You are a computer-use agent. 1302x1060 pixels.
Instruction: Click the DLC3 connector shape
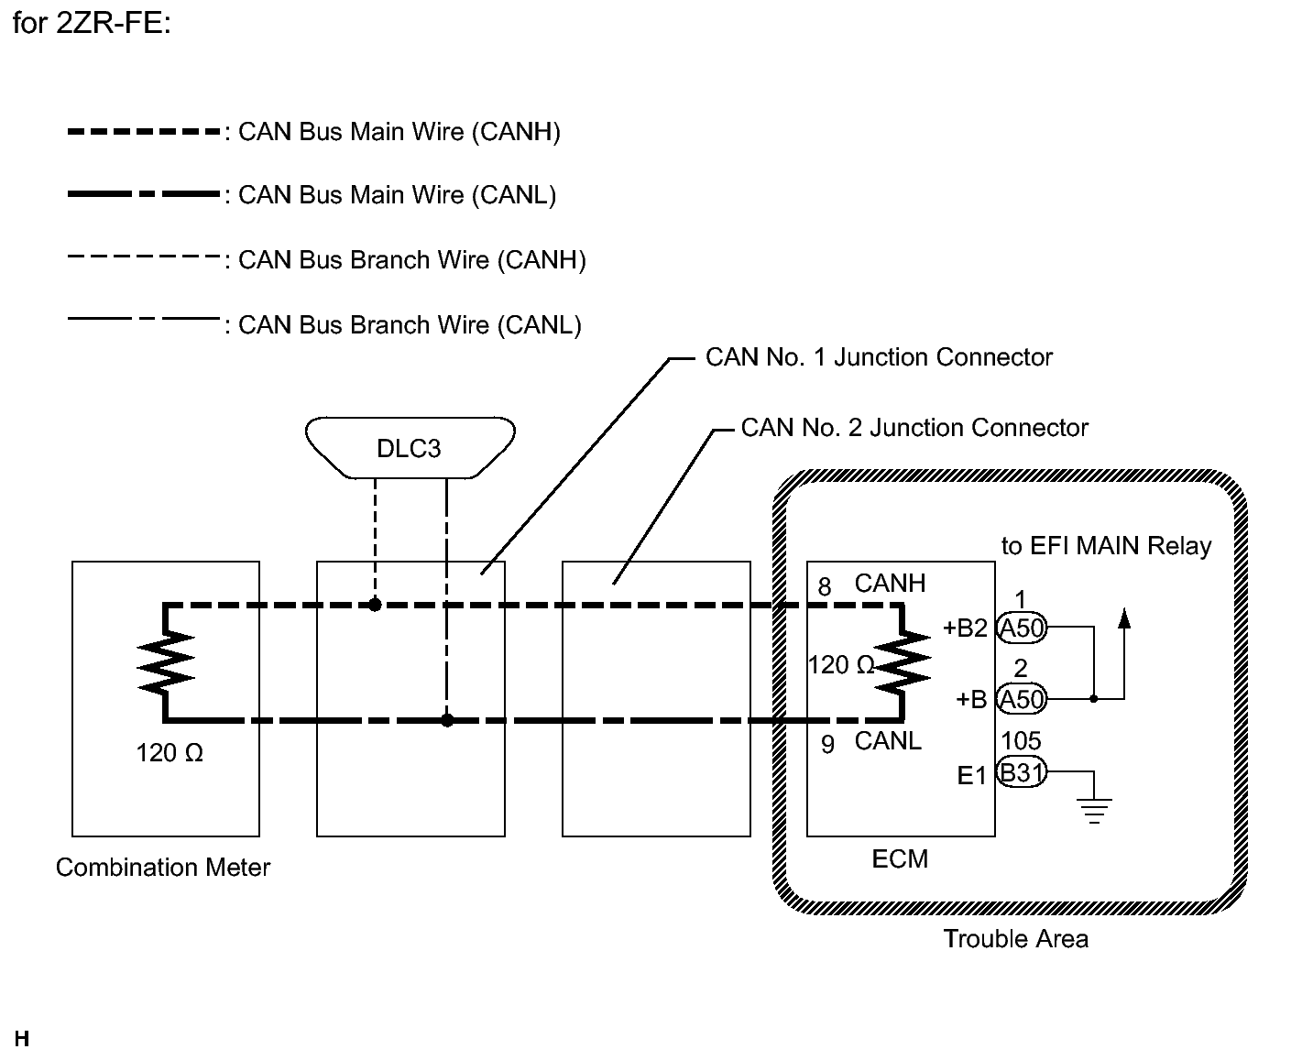point(410,447)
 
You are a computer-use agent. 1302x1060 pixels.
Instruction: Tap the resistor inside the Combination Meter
point(166,662)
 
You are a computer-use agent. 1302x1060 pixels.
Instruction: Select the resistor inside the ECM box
point(903,662)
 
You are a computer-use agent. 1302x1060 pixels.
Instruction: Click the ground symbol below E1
point(1094,811)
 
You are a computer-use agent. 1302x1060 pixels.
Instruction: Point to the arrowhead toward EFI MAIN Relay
point(1123,618)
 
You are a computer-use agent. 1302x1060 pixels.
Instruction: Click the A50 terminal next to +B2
point(1022,628)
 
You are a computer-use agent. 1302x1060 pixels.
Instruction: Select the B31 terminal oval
point(1022,772)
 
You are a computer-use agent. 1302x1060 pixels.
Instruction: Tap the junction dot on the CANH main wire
point(376,605)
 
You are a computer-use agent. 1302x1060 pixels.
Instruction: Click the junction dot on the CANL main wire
point(447,720)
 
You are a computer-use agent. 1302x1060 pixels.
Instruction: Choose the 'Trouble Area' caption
point(1015,938)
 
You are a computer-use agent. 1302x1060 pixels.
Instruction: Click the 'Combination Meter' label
point(162,867)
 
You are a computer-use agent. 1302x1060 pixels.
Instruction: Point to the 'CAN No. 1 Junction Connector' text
point(879,357)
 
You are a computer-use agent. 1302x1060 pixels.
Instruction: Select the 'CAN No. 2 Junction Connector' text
point(914,428)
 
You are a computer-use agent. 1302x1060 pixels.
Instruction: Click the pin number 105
point(1021,741)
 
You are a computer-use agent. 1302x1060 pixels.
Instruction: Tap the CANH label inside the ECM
point(890,584)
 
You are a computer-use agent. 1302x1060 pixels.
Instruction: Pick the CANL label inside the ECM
point(888,741)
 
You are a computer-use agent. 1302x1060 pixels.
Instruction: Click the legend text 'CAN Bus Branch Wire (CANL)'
point(410,325)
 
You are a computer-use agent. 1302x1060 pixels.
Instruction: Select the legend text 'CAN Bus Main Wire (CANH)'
point(399,132)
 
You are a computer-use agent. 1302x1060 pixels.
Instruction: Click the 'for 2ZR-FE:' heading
point(92,23)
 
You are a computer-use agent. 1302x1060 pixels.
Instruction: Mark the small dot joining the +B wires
point(1094,698)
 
